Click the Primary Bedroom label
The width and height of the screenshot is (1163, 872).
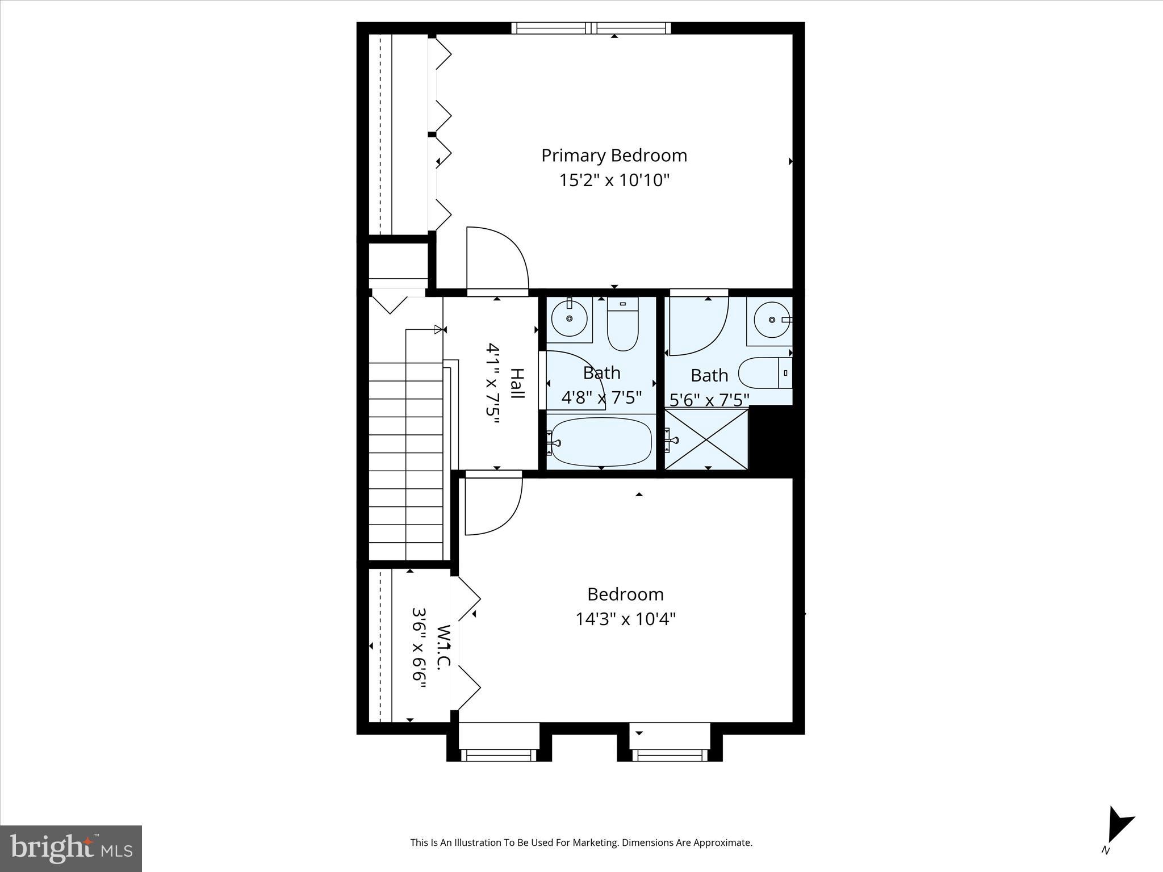[614, 156]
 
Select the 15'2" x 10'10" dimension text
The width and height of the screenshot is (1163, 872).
[614, 181]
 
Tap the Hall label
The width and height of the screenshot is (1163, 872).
[516, 383]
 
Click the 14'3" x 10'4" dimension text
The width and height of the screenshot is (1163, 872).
[625, 619]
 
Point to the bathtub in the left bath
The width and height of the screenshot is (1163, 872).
[601, 442]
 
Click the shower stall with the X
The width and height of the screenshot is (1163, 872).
[706, 439]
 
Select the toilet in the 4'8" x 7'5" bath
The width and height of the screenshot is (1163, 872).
[622, 325]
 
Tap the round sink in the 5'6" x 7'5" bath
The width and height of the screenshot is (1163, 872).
[771, 320]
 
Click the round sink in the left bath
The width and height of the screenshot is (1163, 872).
[569, 319]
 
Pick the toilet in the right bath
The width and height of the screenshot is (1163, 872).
[764, 373]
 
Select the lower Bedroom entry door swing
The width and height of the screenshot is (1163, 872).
[493, 505]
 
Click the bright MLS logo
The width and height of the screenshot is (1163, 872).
[71, 848]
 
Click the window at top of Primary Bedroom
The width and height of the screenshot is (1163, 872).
[591, 28]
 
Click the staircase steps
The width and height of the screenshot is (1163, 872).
[405, 460]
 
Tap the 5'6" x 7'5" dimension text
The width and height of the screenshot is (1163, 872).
[709, 400]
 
